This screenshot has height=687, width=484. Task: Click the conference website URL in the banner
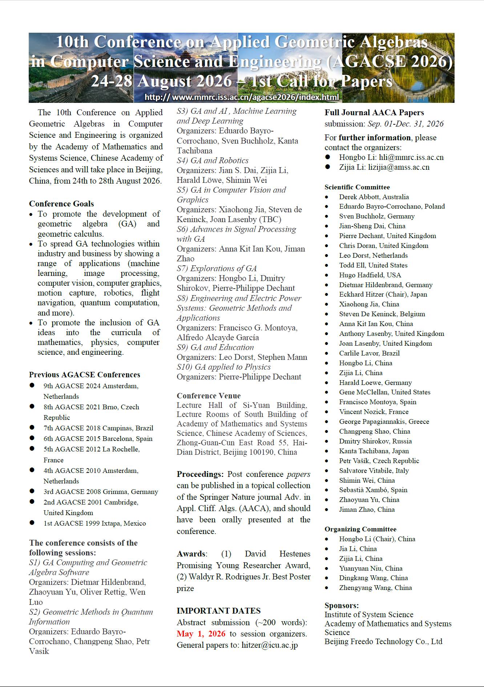(242, 97)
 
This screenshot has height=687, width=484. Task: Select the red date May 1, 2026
(201, 634)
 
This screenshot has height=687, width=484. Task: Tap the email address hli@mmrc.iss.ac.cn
(411, 157)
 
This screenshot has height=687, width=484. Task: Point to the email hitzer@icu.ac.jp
(270, 645)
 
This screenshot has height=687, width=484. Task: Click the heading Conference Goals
(61, 204)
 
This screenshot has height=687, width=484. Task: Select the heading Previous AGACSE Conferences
(84, 374)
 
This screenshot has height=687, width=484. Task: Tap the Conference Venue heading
(209, 395)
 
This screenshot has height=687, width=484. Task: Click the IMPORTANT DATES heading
(218, 611)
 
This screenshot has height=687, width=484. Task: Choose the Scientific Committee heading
(357, 187)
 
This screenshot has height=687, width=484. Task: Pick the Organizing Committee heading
(360, 529)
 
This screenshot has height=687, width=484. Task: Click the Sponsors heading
(341, 606)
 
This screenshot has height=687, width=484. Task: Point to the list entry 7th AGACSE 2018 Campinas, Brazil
(98, 428)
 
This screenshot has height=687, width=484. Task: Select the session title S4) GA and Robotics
(213, 160)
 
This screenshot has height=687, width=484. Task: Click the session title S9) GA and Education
(215, 347)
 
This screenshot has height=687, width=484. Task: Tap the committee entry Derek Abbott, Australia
(374, 197)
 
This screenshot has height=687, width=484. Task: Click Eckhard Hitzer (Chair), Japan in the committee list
(383, 294)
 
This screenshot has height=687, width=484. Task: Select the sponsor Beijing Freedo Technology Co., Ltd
(383, 642)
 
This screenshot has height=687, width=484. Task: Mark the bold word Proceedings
(200, 474)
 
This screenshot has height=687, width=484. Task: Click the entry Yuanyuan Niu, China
(371, 569)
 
